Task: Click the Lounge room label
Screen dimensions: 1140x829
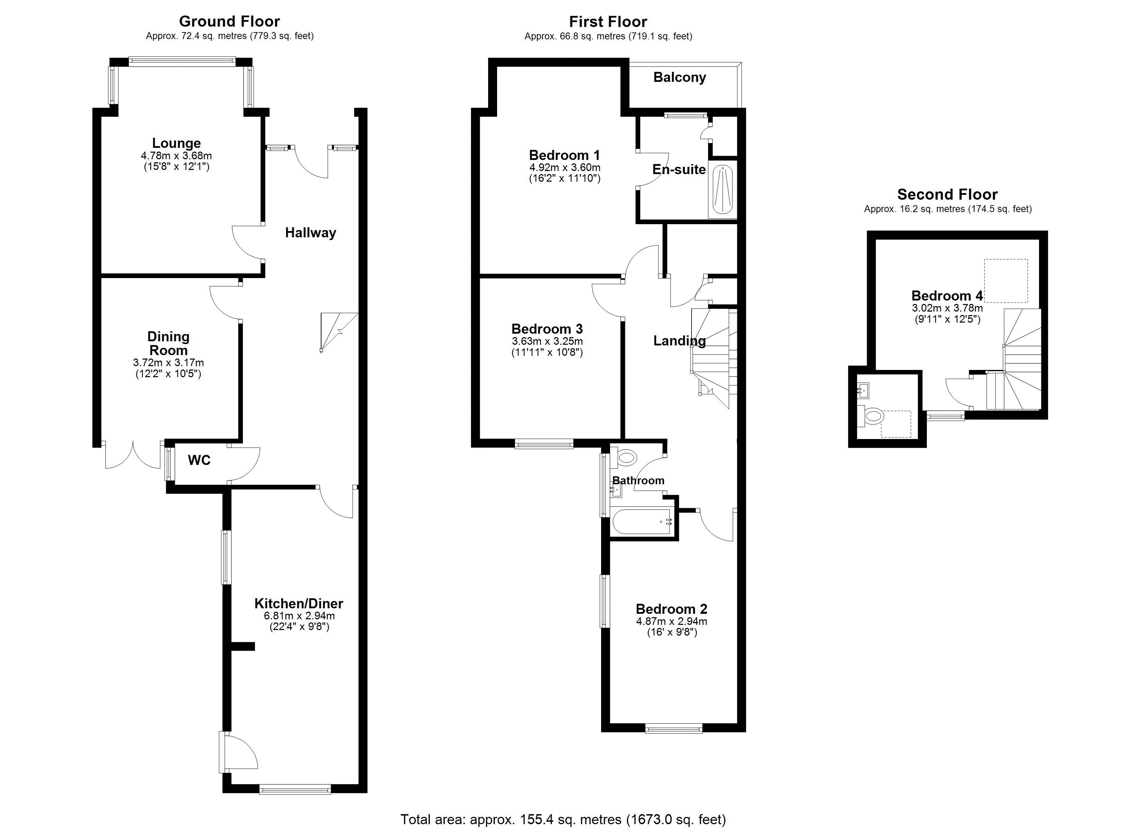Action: coord(177,143)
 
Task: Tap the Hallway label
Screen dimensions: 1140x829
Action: coord(310,233)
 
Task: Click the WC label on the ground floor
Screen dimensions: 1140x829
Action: coord(199,460)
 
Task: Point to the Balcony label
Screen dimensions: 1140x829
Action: coord(680,77)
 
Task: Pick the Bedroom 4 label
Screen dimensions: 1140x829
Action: coord(947,296)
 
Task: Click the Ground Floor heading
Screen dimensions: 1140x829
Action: coord(229,22)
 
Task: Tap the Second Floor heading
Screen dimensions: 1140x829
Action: coord(948,194)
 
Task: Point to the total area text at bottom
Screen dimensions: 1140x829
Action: coord(563,819)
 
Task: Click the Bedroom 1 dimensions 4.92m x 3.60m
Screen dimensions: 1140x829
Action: coord(564,168)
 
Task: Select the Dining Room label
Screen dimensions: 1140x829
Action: coord(168,343)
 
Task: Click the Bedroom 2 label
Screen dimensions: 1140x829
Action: coord(672,609)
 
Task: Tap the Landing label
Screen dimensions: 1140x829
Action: coord(680,341)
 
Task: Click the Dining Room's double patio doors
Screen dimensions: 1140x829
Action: coord(133,455)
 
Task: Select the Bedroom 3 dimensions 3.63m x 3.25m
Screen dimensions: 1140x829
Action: coord(548,341)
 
